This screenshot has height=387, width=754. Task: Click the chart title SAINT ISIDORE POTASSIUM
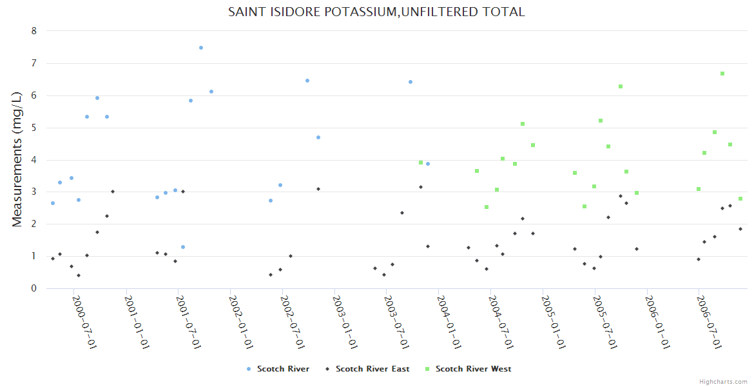376,12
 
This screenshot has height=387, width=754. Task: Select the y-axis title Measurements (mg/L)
17,159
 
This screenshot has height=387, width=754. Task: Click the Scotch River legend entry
283,369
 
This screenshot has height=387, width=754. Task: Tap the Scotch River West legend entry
473,369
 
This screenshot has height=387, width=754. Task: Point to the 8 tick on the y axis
34,31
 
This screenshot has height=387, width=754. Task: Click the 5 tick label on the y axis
34,128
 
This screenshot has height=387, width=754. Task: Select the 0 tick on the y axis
34,288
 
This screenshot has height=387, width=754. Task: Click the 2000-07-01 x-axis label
84,322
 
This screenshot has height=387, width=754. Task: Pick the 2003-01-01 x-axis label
345,322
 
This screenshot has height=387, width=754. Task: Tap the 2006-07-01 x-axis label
708,322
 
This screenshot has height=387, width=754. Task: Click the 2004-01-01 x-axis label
449,322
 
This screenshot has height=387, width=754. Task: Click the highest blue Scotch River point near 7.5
201,48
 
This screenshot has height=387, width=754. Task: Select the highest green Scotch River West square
722,74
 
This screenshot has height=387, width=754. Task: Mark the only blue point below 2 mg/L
183,247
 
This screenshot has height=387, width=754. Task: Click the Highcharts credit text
723,381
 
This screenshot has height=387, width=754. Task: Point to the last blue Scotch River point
428,164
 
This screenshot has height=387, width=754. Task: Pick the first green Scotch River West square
421,163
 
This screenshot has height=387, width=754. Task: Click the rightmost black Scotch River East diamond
740,229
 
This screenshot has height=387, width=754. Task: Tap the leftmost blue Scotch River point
53,203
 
